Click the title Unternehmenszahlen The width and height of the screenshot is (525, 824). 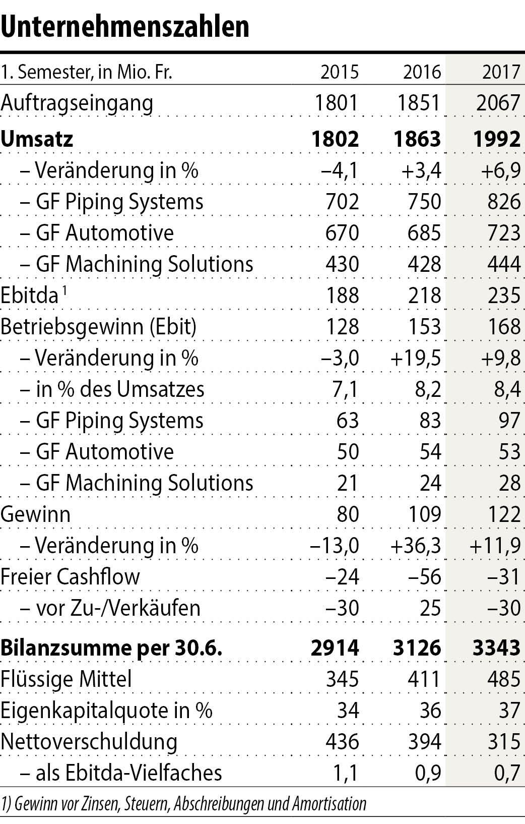[x=125, y=26]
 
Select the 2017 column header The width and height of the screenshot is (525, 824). [x=501, y=72]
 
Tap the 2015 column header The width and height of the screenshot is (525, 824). [x=340, y=72]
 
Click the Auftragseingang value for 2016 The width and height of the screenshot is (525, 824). [x=418, y=103]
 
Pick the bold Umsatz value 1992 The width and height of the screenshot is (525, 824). [x=497, y=139]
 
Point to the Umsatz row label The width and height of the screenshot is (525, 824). [x=37, y=139]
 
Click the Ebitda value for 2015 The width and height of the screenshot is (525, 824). [x=343, y=296]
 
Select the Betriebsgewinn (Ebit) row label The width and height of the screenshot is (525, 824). [x=98, y=327]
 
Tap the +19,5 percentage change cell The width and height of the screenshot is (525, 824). [x=416, y=358]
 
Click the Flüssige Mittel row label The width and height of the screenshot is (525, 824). [x=66, y=679]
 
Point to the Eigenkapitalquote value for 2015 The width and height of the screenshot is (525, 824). [x=347, y=711]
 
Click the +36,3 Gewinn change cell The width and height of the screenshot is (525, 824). [x=416, y=546]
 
